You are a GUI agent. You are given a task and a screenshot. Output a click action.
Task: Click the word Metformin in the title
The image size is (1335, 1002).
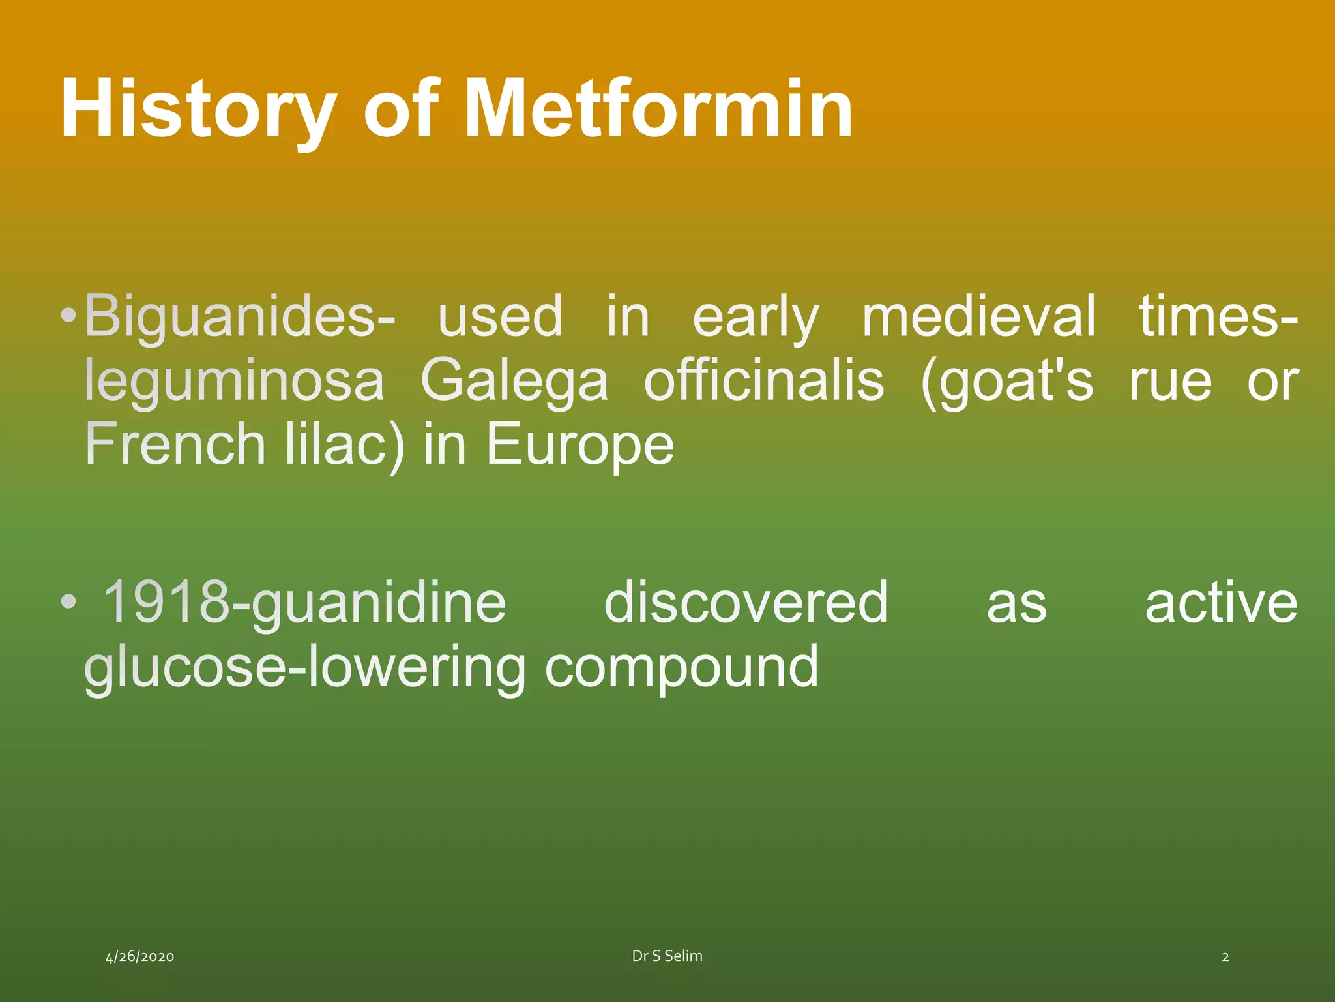(x=658, y=110)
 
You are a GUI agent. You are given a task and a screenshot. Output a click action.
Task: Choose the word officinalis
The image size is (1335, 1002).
(x=764, y=381)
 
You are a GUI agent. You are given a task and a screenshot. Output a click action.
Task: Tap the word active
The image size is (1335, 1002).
(x=1221, y=603)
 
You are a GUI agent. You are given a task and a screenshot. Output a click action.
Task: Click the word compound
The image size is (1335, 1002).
(x=681, y=669)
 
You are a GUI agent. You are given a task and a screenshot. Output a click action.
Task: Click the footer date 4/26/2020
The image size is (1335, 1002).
(x=140, y=957)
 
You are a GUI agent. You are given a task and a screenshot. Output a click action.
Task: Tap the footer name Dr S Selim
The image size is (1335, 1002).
(x=667, y=956)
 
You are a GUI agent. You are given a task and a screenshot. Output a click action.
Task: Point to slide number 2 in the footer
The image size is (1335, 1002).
(x=1225, y=957)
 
